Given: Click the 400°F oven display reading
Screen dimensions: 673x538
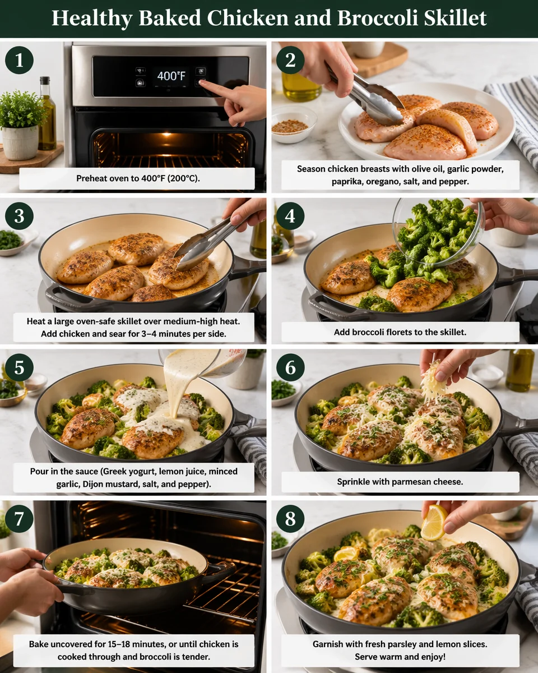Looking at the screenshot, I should pos(171,76).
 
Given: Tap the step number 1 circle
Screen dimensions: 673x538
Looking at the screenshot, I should pos(19,60).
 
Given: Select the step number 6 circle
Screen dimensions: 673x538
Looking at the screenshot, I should pos(290,367).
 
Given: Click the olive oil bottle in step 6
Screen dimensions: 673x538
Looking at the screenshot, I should pos(519,370).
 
